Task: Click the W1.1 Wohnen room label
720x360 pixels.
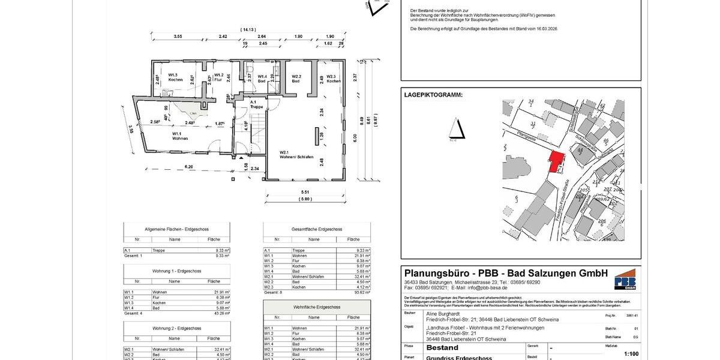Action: pyautogui.click(x=180, y=136)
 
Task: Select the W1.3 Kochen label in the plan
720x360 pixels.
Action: pyautogui.click(x=175, y=77)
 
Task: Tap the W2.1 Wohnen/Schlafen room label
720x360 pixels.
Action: pyautogui.click(x=292, y=155)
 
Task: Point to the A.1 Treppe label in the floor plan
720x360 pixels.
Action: pyautogui.click(x=256, y=104)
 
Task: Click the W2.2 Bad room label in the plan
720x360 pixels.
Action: pyautogui.click(x=296, y=78)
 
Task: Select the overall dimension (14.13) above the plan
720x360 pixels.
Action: pyautogui.click(x=247, y=29)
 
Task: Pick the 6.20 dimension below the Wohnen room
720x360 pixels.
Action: pyautogui.click(x=188, y=166)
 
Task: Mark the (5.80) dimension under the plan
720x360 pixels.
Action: pyautogui.click(x=306, y=199)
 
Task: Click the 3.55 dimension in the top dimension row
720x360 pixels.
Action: pyautogui.click(x=178, y=37)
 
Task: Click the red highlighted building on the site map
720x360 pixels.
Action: pyautogui.click(x=557, y=161)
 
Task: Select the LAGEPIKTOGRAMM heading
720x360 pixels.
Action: pyautogui.click(x=433, y=95)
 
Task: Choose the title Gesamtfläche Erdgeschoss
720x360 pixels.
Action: pyautogui.click(x=316, y=229)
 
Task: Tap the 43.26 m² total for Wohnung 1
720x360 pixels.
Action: pyautogui.click(x=222, y=313)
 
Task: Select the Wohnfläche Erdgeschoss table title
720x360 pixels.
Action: pyautogui.click(x=316, y=307)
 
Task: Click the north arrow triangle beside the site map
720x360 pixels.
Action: pyautogui.click(x=459, y=129)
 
